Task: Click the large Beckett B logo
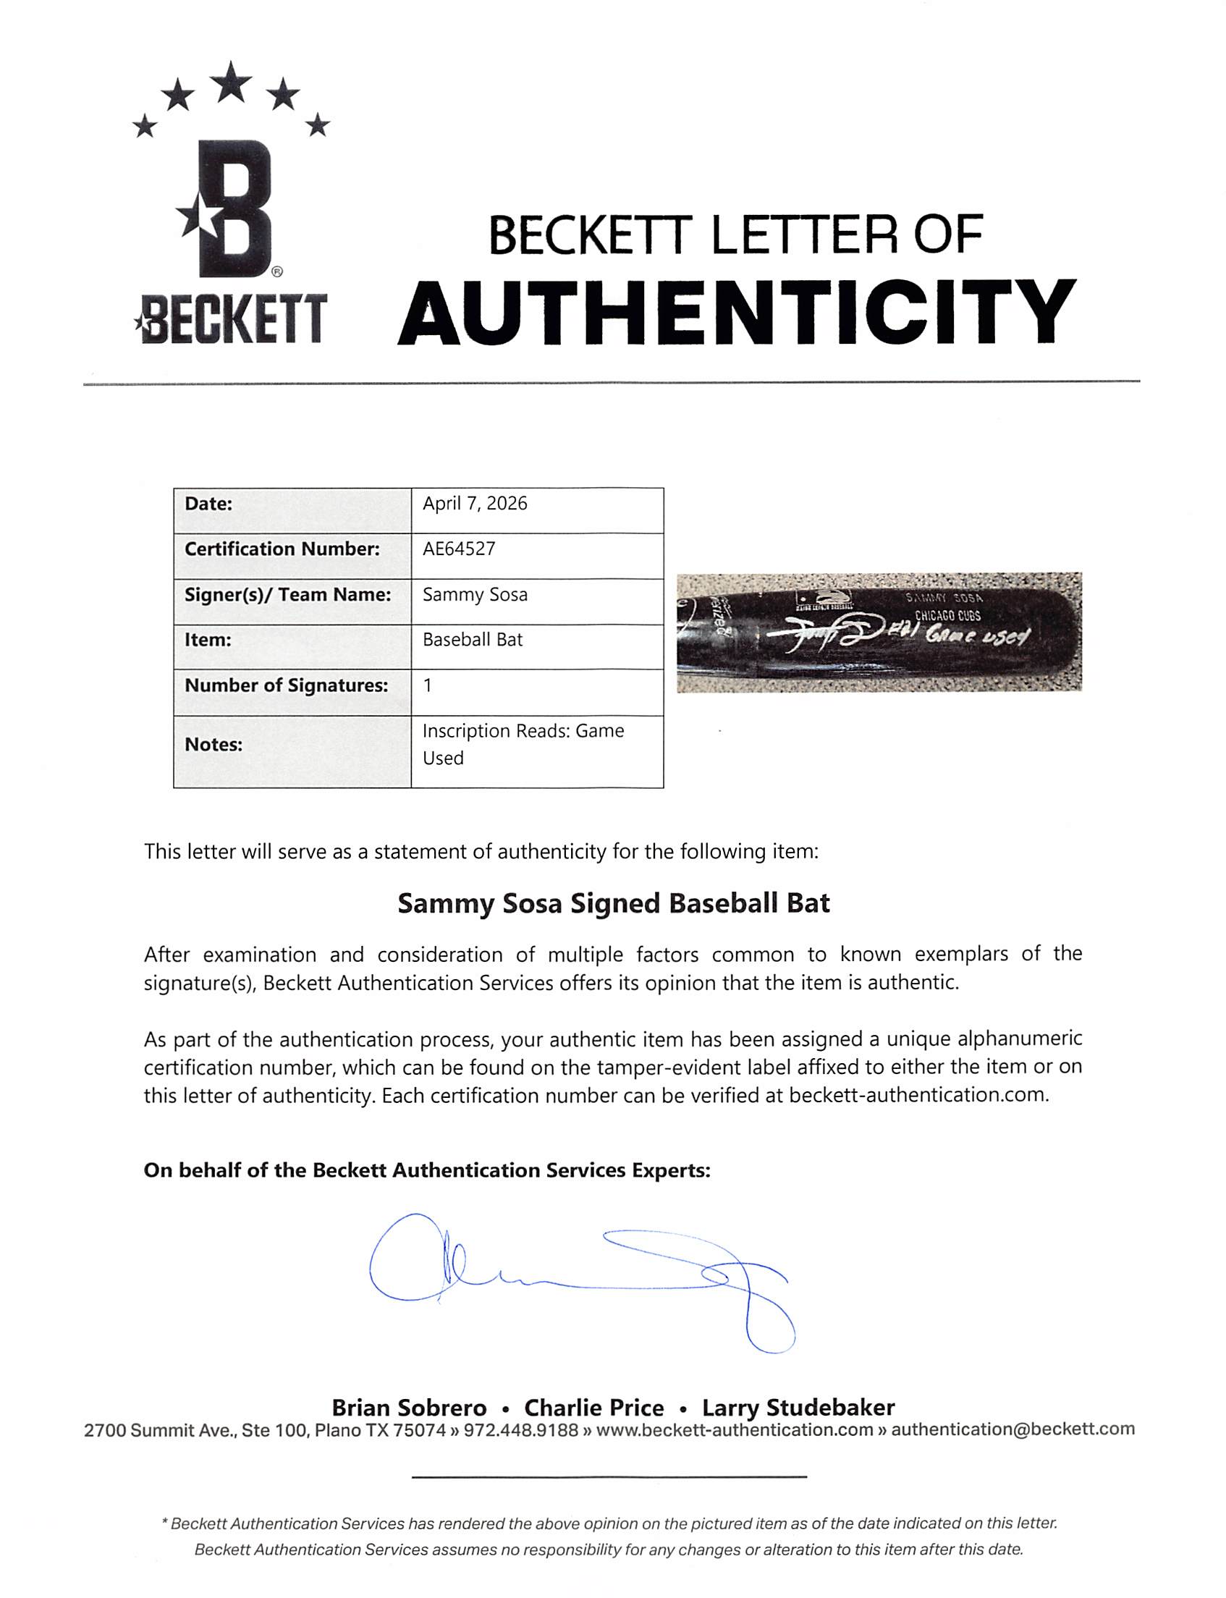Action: click(x=232, y=209)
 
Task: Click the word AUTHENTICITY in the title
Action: click(x=736, y=314)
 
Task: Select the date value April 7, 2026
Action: click(x=474, y=504)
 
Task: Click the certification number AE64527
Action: click(x=459, y=549)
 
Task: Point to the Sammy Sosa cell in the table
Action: click(x=475, y=595)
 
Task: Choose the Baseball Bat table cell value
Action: click(x=473, y=640)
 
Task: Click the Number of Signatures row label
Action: click(x=286, y=686)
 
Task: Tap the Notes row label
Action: click(x=213, y=745)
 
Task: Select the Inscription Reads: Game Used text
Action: click(x=523, y=744)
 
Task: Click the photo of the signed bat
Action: click(x=879, y=632)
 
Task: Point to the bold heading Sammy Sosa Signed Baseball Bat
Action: click(x=613, y=904)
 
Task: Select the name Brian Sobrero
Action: click(x=409, y=1408)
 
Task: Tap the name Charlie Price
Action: click(x=594, y=1408)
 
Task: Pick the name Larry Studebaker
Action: click(x=798, y=1408)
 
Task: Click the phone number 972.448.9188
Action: click(x=520, y=1430)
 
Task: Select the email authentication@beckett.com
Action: click(x=1012, y=1430)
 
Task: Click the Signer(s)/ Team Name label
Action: click(x=287, y=595)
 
